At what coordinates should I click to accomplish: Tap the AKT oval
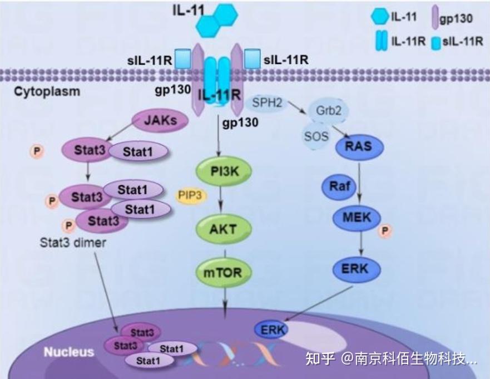pos(222,229)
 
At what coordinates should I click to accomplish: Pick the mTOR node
pos(222,273)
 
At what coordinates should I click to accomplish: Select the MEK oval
pos(357,216)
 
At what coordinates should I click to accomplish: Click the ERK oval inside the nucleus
pos(271,329)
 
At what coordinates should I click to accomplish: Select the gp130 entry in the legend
pos(451,19)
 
